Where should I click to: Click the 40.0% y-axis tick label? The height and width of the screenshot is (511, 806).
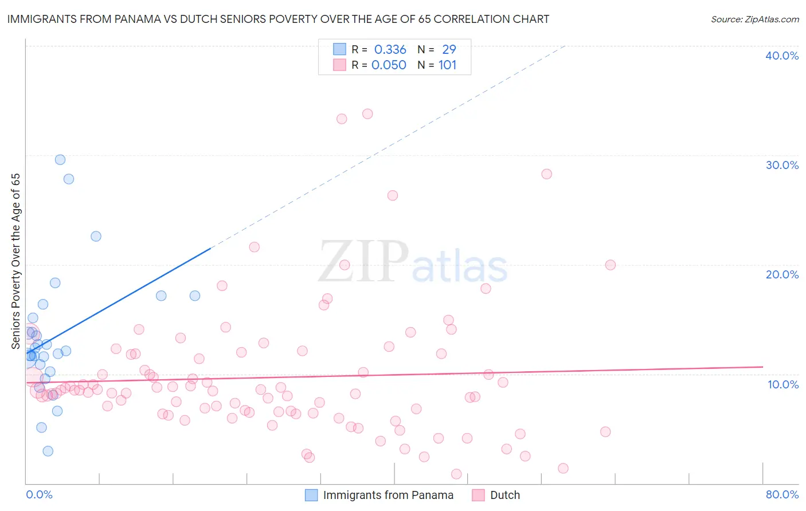[x=782, y=56]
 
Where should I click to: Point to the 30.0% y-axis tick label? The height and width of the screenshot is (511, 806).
[x=782, y=165]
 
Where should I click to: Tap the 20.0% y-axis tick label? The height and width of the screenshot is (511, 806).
[x=782, y=274]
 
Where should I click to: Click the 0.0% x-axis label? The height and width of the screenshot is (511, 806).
[x=39, y=494]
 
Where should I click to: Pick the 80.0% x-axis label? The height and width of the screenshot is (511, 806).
[x=782, y=494]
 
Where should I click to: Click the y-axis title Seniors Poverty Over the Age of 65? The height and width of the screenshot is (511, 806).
[x=16, y=261]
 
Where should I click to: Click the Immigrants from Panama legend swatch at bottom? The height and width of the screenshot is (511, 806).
[x=311, y=495]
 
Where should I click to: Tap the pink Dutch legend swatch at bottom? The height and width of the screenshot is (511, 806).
[x=478, y=495]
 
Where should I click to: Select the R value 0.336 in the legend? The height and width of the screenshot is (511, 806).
[x=390, y=50]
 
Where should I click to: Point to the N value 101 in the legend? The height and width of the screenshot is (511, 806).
[x=447, y=65]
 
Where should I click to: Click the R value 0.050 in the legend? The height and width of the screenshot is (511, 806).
[x=389, y=65]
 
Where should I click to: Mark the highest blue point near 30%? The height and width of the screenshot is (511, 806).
[x=60, y=160]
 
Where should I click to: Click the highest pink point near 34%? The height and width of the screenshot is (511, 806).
[x=367, y=114]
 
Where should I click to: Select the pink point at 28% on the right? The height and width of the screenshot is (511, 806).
[x=546, y=174]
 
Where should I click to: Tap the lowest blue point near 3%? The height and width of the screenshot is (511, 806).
[x=48, y=451]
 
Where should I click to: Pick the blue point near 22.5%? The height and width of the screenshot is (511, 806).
[x=96, y=237]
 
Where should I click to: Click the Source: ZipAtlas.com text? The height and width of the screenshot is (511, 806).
[x=754, y=19]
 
